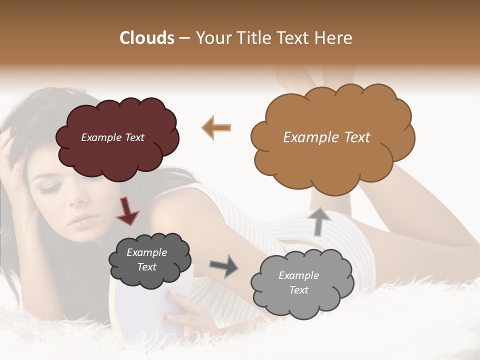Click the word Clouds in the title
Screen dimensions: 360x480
tap(147, 37)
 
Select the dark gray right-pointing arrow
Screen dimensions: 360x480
tap(223, 266)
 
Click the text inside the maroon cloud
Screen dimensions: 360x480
tap(112, 137)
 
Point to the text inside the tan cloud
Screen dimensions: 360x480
tap(326, 137)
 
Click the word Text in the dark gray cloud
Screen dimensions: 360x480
tap(146, 267)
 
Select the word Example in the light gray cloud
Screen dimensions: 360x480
tap(298, 275)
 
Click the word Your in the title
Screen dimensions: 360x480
tap(213, 37)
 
